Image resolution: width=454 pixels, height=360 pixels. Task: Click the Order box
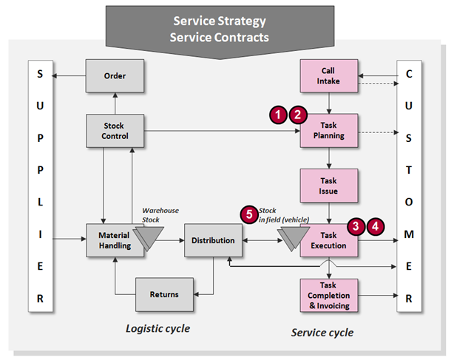coord(115,75)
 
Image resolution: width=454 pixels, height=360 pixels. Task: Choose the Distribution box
coord(213,240)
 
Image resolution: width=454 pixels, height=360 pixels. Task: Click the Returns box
coord(163,294)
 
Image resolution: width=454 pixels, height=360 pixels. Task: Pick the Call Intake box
coord(329,75)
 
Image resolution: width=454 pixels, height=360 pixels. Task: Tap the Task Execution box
coord(329,240)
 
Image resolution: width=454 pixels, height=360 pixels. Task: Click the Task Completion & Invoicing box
coord(329,294)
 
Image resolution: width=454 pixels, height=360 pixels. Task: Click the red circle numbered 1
coord(278,115)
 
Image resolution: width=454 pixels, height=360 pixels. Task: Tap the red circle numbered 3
coord(357,226)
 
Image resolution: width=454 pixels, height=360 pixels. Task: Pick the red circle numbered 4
coord(376,226)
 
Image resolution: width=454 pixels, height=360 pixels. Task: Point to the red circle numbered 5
coord(249,214)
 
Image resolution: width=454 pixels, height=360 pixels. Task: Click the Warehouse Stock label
coord(160,214)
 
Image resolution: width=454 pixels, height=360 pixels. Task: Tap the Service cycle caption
coord(322,332)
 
